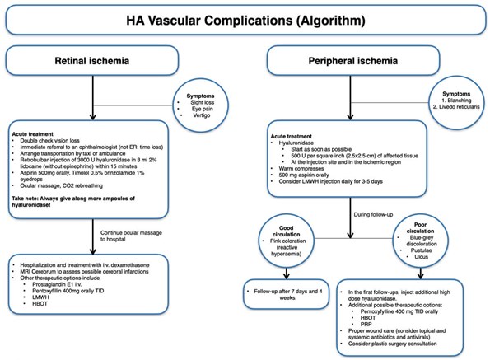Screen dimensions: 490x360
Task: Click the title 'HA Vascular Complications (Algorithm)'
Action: [245, 21]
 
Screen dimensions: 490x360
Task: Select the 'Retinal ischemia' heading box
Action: [92, 60]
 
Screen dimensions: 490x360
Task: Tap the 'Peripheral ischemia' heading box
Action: [353, 60]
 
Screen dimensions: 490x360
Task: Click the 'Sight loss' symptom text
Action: [203, 102]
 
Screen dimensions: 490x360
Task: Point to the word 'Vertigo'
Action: [202, 115]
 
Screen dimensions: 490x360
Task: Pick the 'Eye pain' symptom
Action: [203, 109]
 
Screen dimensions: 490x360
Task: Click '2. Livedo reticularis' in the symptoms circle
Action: [456, 107]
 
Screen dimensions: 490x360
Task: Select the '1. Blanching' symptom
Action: [456, 101]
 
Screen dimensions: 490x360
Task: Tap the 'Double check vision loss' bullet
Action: [49, 141]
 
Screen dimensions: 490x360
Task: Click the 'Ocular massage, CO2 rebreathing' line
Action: [61, 185]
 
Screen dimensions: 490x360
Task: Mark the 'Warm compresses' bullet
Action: [301, 168]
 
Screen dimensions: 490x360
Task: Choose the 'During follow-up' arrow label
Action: [373, 215]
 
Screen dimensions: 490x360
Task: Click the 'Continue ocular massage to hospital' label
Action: [131, 236]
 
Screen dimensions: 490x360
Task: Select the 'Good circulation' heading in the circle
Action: [287, 231]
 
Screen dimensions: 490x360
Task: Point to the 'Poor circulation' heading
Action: [420, 228]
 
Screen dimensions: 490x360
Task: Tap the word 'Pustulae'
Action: [422, 250]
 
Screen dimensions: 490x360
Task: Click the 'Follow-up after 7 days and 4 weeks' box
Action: [287, 294]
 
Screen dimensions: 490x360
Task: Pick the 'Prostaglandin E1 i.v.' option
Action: [57, 284]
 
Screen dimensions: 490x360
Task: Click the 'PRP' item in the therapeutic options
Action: [366, 325]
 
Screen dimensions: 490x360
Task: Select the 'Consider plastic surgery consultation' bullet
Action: [393, 344]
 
